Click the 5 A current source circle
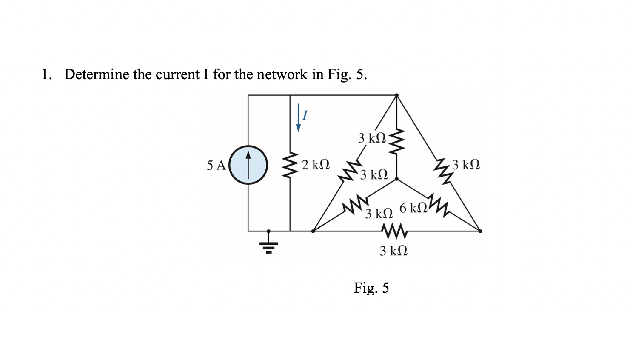pyautogui.click(x=248, y=165)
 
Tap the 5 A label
pyautogui.click(x=216, y=166)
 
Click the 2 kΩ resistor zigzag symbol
pyautogui.click(x=290, y=165)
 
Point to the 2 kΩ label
pyautogui.click(x=316, y=165)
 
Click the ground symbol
pyautogui.click(x=268, y=246)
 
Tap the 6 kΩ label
pyautogui.click(x=413, y=208)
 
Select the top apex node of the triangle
pyautogui.click(x=396, y=95)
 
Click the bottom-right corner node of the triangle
pyautogui.click(x=480, y=231)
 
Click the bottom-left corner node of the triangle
pyautogui.click(x=313, y=231)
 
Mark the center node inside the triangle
pyautogui.click(x=396, y=179)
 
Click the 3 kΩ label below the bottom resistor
pyautogui.click(x=393, y=251)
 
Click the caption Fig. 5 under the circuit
pyautogui.click(x=371, y=288)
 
